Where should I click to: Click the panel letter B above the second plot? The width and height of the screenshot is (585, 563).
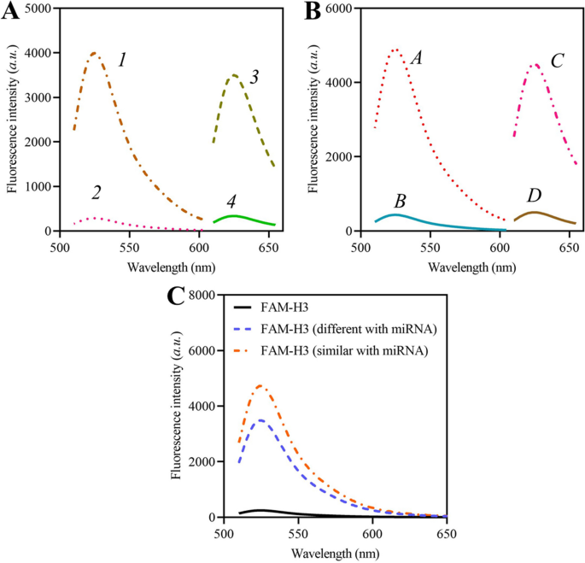[311, 12]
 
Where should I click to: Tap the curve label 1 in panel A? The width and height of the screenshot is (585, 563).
[122, 61]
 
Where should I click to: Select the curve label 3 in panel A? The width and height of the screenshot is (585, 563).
[254, 77]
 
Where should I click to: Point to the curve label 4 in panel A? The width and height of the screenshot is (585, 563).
[231, 202]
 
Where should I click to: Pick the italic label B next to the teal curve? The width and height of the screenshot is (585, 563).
[399, 201]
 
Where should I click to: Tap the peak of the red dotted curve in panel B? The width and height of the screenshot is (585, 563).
[395, 50]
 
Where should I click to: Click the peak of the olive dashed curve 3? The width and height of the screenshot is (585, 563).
[233, 75]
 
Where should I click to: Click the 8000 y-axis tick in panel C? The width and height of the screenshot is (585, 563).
[205, 295]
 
